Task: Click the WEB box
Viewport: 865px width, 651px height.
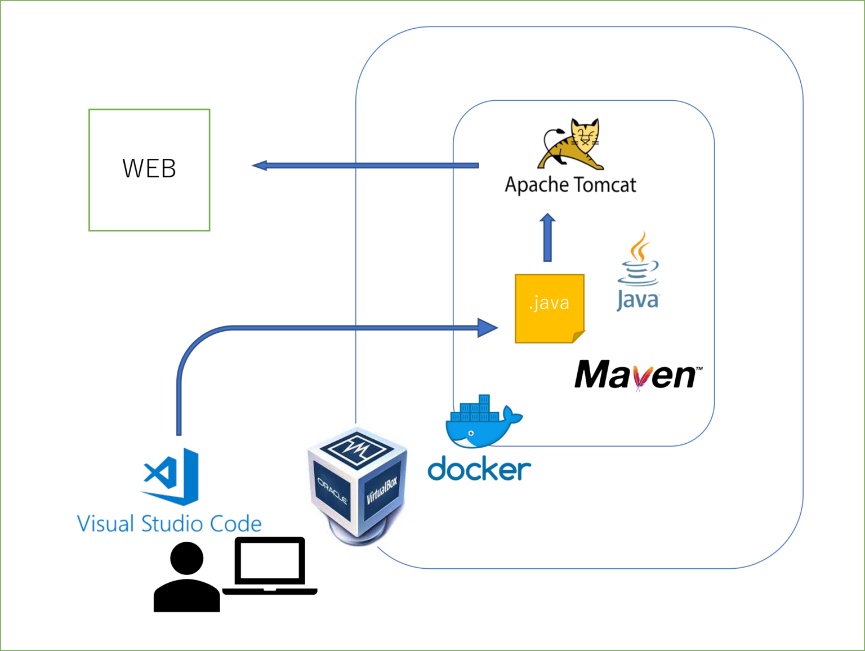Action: tap(149, 170)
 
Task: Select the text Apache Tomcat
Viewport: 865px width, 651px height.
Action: tap(570, 185)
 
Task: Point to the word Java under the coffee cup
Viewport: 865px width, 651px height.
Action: tap(637, 299)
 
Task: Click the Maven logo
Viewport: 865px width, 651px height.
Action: tap(637, 375)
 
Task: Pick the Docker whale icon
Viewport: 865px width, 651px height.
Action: tap(481, 422)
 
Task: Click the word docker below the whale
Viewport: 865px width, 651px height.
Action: tap(479, 470)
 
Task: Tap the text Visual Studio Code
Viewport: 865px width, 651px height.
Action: tap(169, 524)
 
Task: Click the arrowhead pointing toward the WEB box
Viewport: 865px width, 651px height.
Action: tap(260, 166)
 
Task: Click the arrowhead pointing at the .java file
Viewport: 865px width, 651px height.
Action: tap(488, 328)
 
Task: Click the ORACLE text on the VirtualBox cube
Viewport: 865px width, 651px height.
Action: tap(332, 491)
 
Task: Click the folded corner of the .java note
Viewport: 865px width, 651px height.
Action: tap(579, 337)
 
